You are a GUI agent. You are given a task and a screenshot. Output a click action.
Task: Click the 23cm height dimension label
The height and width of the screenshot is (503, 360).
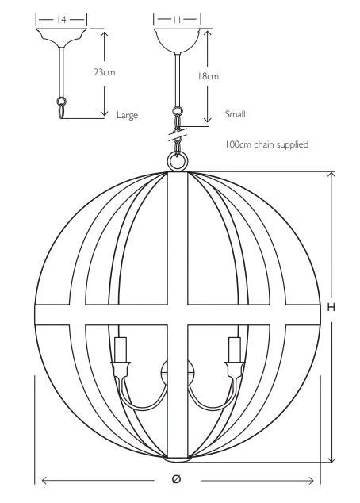coord(104,72)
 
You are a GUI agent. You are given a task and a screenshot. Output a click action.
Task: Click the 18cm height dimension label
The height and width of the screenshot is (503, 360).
coord(208,76)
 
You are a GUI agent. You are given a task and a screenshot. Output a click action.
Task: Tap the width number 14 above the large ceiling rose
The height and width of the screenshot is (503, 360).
coord(61,20)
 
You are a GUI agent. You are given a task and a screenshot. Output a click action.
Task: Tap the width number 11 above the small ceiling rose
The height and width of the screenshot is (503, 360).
coord(177,20)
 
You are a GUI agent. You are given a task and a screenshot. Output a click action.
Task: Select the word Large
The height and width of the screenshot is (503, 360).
coord(127,115)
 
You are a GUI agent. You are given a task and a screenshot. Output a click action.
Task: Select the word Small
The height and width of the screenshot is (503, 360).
coord(235,114)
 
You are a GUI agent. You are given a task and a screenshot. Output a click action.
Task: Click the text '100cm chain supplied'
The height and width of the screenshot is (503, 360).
coord(267,144)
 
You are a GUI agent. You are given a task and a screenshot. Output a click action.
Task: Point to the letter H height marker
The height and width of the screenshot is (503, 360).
coord(331,307)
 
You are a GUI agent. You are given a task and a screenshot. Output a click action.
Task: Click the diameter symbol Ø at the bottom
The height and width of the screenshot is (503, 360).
coord(176,479)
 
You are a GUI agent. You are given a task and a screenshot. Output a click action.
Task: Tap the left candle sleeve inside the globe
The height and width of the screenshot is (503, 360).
coord(121,349)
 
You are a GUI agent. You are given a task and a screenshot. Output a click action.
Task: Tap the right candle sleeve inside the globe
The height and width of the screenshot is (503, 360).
coord(235,349)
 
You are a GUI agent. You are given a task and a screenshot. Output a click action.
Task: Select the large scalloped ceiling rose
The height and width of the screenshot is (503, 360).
coord(61,38)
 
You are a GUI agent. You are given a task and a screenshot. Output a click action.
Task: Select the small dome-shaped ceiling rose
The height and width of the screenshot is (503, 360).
coord(177,40)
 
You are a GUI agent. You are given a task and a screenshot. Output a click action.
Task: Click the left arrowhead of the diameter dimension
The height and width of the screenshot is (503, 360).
coord(45,481)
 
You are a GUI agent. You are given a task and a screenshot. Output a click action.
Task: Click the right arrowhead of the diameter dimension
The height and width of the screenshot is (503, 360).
coord(310,481)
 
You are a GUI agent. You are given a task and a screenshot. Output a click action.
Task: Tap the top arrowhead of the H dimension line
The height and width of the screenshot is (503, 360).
coord(332,175)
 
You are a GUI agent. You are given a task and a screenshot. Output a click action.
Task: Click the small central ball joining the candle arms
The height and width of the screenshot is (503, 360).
coord(178,372)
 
